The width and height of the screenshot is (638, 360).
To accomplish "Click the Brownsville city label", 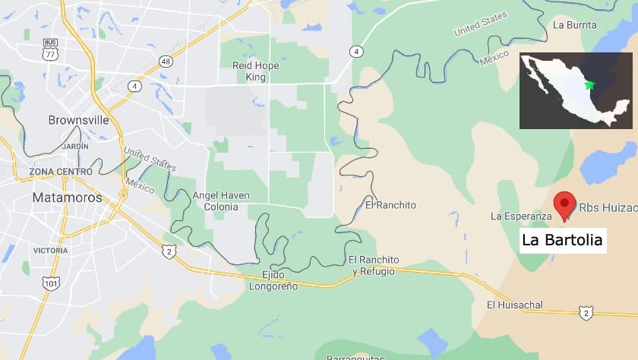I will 78,120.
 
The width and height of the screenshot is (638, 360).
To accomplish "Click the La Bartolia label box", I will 563,241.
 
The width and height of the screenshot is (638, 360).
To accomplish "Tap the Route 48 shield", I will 165,60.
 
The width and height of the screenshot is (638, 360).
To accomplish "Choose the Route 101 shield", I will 51,283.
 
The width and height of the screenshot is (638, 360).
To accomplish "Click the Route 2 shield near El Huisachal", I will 585,311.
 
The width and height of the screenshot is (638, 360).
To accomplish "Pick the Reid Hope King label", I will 255,71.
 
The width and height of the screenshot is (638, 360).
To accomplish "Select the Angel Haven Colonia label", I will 221,201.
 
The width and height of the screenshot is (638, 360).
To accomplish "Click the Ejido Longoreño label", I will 273,280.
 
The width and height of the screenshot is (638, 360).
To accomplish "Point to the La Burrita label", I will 575,25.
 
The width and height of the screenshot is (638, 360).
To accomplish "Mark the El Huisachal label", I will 514,305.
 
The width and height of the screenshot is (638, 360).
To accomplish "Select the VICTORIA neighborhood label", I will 50,250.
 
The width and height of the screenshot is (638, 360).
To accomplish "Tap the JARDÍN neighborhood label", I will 75,145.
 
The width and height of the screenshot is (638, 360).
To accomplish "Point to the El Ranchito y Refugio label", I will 374,265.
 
